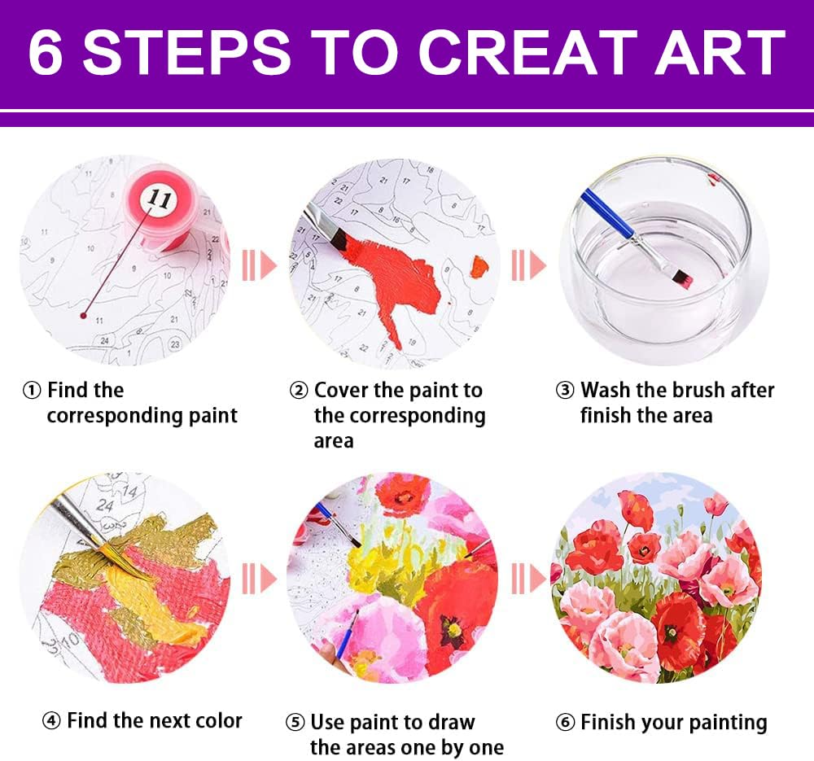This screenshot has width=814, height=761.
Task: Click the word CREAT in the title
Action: (x=527, y=52)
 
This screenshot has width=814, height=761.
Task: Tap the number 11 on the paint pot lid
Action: (x=159, y=199)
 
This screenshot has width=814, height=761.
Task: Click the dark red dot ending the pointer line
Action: (x=83, y=316)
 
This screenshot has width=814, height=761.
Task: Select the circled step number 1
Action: (x=32, y=391)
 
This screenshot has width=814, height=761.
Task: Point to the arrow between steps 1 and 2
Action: (x=260, y=265)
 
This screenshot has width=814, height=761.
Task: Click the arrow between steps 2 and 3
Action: (x=528, y=265)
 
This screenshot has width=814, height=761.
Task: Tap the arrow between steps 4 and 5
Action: (x=260, y=579)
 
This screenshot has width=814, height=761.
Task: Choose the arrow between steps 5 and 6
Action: (x=528, y=579)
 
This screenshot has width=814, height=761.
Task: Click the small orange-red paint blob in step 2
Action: (x=479, y=266)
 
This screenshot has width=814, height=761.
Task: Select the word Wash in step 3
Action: (x=606, y=390)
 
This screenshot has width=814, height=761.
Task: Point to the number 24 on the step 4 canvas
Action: (x=105, y=505)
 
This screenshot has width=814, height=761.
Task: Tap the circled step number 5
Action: (x=295, y=723)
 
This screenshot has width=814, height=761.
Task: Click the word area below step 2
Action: (x=333, y=441)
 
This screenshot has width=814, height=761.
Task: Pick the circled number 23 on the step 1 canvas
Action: (x=175, y=344)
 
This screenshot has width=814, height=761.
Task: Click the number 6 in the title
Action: (x=46, y=52)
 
